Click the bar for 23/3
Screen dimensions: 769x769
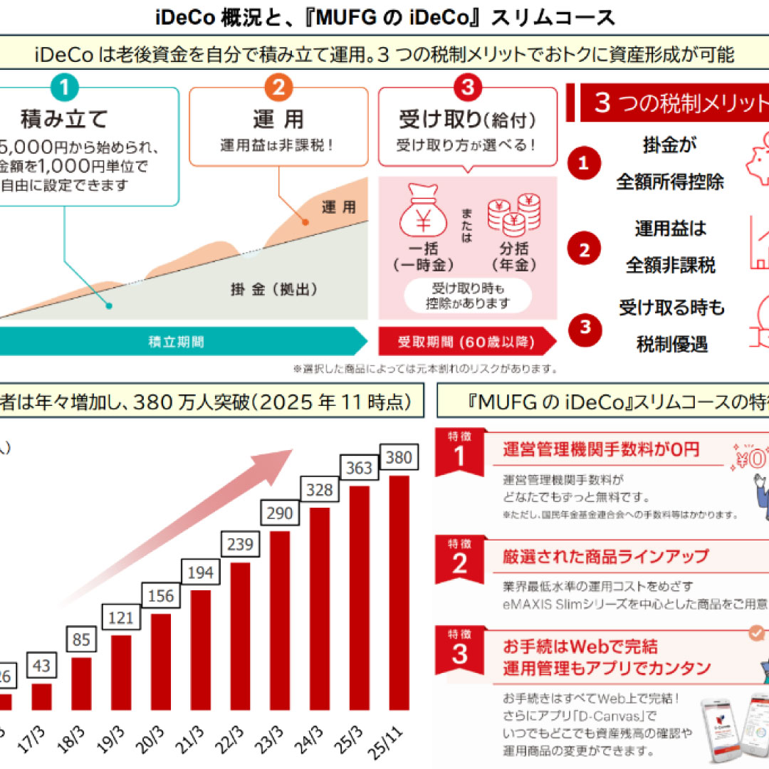point(280,619)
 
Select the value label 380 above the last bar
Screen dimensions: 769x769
point(399,458)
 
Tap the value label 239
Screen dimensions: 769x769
point(240,545)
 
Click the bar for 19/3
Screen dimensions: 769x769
point(121,672)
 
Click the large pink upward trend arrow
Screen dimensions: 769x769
point(214,520)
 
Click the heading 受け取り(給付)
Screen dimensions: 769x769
point(467,119)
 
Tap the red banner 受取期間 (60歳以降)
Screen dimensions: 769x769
point(466,342)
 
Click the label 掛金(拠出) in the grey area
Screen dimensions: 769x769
point(273,290)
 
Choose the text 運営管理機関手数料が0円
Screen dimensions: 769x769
point(600,449)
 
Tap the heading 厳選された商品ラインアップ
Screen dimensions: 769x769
point(605,556)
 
